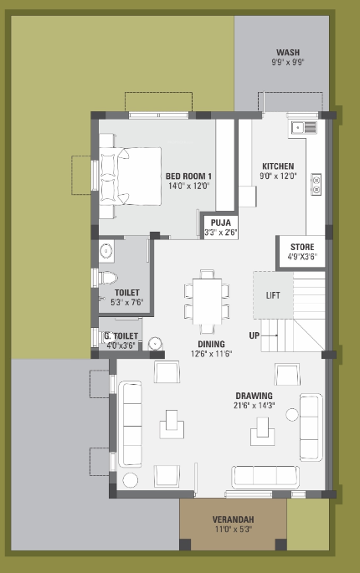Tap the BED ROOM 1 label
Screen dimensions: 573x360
(188, 176)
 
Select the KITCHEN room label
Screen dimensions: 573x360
(277, 166)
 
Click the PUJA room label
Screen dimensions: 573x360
(220, 223)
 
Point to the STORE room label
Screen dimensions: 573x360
(302, 248)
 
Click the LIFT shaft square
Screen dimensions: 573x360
(273, 295)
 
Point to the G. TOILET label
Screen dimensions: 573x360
(121, 336)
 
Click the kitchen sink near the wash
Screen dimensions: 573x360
(303, 127)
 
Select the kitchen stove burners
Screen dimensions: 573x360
(316, 183)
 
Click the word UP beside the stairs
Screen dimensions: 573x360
(254, 335)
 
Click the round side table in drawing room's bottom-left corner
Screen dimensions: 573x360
(130, 479)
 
